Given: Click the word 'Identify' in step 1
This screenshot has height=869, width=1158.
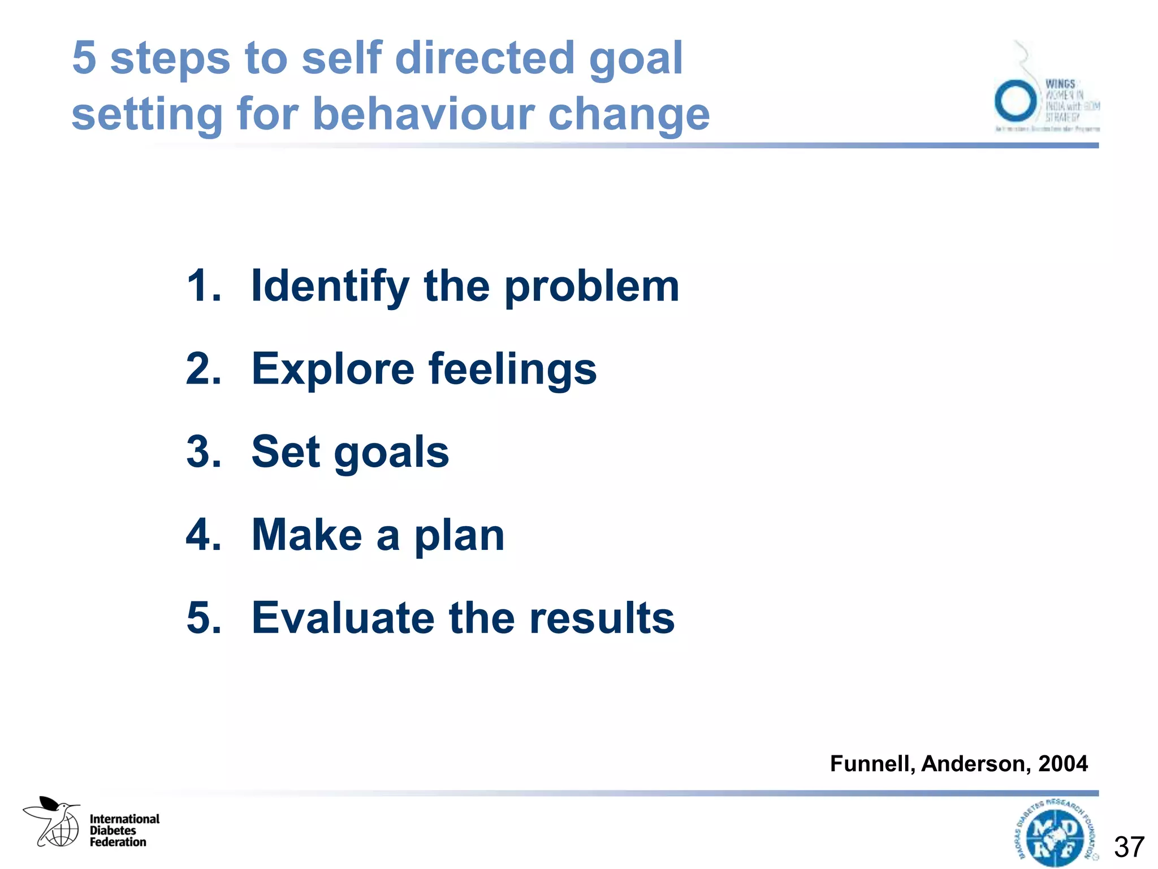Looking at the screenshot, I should pyautogui.click(x=330, y=287).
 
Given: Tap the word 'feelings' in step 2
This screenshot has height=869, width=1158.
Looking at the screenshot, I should pyautogui.click(x=512, y=369).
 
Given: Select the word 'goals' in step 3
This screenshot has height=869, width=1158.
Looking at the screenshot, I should pyautogui.click(x=391, y=453).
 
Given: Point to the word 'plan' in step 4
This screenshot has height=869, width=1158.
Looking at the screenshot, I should pyautogui.click(x=459, y=535).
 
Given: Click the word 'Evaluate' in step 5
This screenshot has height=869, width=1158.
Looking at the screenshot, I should pyautogui.click(x=343, y=618).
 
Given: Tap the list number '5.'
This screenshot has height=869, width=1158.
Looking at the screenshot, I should pyautogui.click(x=204, y=618).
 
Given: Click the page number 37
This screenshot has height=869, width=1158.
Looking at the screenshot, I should pyautogui.click(x=1129, y=847).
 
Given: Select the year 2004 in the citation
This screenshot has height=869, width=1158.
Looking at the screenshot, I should pyautogui.click(x=1062, y=764).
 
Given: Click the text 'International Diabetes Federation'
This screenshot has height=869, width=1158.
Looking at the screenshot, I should pyautogui.click(x=124, y=831).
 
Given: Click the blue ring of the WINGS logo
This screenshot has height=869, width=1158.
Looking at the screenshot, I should pyautogui.click(x=1016, y=101).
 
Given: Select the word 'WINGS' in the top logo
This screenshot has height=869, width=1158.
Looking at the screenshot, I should pyautogui.click(x=1060, y=84).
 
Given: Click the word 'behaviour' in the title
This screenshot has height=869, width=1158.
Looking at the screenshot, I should pyautogui.click(x=424, y=113).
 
